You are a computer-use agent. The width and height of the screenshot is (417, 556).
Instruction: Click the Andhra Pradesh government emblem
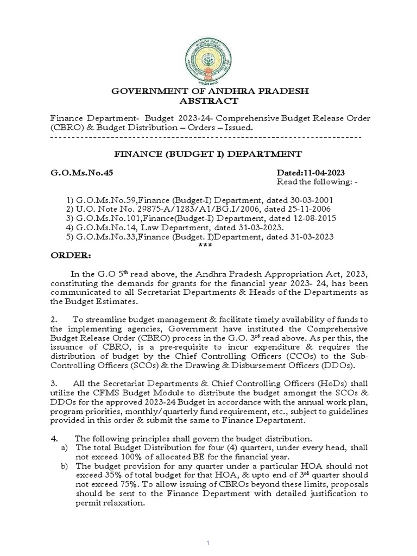tap(208, 52)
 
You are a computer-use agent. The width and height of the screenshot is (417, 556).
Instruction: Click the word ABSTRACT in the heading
tap(208, 101)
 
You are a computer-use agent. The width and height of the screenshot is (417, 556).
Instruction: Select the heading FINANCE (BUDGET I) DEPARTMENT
tap(208, 154)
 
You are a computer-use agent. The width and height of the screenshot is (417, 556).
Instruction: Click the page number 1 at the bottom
tap(208, 544)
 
